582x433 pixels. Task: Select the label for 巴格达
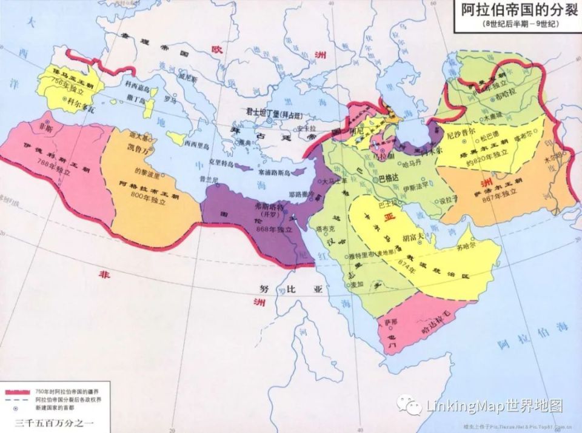click(x=389, y=180)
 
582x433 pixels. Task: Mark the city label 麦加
click(x=356, y=283)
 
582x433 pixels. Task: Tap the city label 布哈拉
click(x=507, y=96)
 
